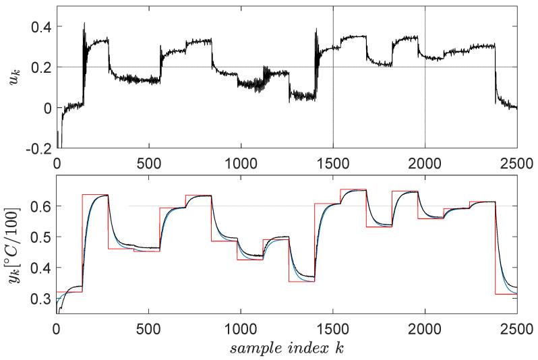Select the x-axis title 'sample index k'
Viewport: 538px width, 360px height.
pos(287,349)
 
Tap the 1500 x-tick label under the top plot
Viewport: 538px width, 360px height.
pos(333,162)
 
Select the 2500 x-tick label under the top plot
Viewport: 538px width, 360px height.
pos(516,162)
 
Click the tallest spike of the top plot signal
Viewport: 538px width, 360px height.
pos(84,24)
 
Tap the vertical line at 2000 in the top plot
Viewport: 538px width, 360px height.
pos(425,101)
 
